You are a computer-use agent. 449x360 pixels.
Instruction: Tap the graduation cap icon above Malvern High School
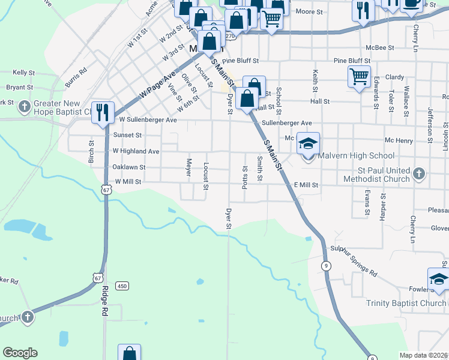pyautogui.click(x=308, y=144)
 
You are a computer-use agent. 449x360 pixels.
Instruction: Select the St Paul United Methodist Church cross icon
pyautogui.click(x=419, y=175)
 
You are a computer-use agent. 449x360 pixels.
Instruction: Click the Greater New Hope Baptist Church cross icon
pyautogui.click(x=24, y=107)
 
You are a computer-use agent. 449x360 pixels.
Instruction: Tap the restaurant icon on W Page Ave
pyautogui.click(x=103, y=112)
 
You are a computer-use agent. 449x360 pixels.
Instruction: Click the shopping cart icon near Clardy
pyautogui.click(x=359, y=76)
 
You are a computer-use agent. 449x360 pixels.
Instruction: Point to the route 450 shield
pyautogui.click(x=122, y=286)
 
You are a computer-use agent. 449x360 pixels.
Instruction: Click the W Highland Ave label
pyautogui.click(x=136, y=151)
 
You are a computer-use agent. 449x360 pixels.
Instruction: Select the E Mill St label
pyautogui.click(x=306, y=186)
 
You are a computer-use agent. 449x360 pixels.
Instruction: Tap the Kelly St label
pyautogui.click(x=23, y=72)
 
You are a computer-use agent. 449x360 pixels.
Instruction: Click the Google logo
pyautogui.click(x=20, y=353)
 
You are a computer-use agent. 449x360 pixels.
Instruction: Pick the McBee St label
pyautogui.click(x=380, y=47)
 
